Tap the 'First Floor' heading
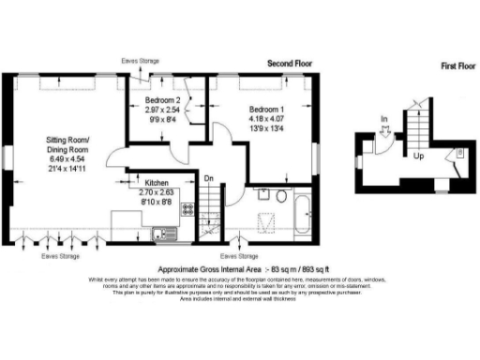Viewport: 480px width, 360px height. [457, 67]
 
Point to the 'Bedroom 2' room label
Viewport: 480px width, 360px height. [163, 98]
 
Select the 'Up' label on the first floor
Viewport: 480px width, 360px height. [419, 157]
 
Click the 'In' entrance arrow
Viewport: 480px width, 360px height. [384, 119]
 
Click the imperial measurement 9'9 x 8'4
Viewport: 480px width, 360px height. [163, 119]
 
